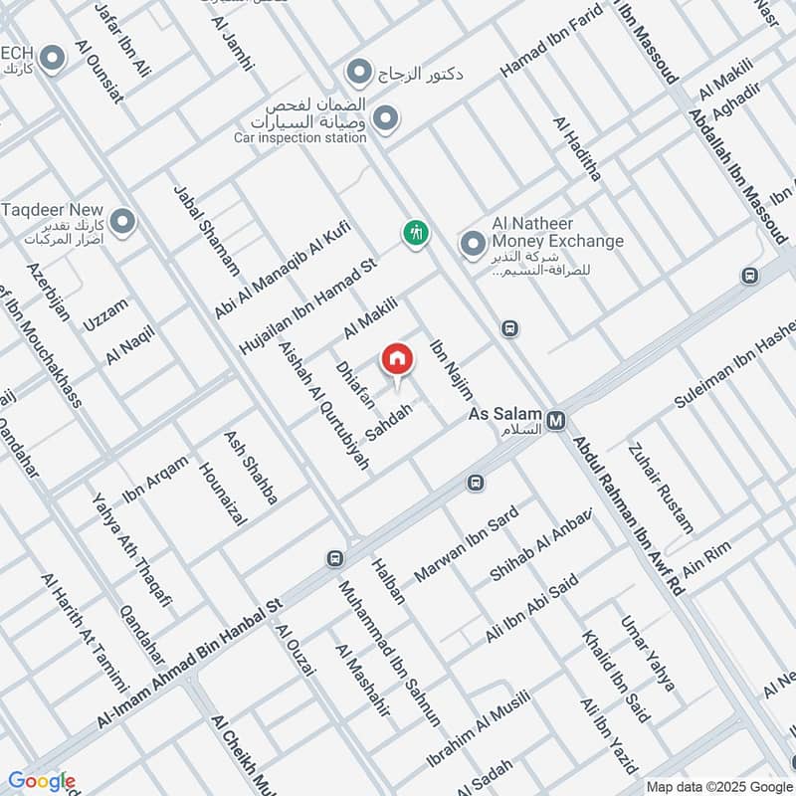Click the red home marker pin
[x=396, y=359]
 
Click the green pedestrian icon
[x=415, y=233]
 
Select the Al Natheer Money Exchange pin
[x=472, y=243]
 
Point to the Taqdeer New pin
[x=122, y=221]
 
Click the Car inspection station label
[x=300, y=138]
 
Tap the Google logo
[x=41, y=781]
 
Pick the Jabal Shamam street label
[x=206, y=230]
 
